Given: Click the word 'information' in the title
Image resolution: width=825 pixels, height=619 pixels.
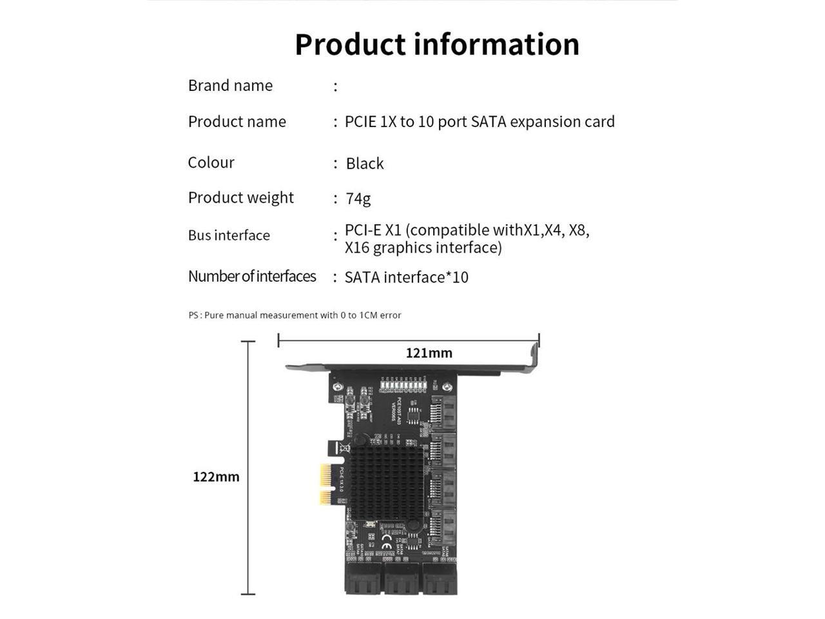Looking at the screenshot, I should point(496,44).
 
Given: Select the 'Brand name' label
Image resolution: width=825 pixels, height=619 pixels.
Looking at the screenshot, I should point(230,86).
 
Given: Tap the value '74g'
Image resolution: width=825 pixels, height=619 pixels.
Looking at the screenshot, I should point(358,199).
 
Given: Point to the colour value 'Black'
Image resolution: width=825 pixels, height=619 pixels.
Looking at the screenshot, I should point(364,164).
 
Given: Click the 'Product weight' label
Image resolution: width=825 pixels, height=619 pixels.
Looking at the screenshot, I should point(240,198).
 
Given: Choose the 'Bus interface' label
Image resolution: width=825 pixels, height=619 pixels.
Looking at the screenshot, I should point(229,235).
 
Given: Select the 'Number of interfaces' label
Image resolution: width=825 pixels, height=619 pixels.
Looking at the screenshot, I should point(252,277).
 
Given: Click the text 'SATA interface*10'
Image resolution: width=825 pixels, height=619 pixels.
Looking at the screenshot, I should point(406,277).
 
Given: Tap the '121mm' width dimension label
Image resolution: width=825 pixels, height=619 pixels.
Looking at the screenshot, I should point(429,353).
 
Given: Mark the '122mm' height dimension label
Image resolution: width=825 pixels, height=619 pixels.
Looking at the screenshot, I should point(216,477).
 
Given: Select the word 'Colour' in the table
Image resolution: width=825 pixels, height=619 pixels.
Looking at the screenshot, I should point(211,162).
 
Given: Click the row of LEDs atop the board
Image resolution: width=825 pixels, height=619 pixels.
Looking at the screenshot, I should point(404,386).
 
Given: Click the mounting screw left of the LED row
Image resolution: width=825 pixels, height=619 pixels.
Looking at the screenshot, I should point(337,387).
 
